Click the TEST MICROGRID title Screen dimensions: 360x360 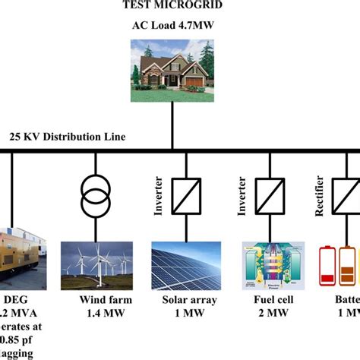click(x=173, y=7)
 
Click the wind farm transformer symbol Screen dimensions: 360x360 click(x=96, y=196)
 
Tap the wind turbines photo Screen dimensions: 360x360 click(x=96, y=257)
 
